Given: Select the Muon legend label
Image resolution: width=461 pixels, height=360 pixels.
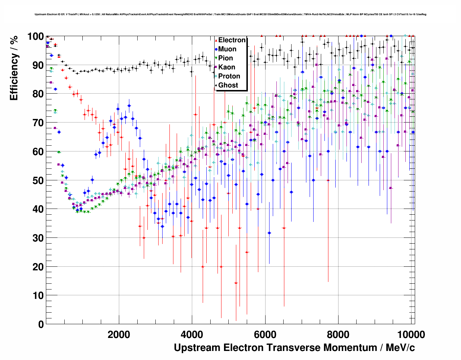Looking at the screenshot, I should [x=227, y=49].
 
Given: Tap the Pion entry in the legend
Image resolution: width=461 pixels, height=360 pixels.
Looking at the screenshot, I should [x=225, y=58].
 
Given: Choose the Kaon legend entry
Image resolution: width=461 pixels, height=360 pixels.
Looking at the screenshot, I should [x=227, y=67].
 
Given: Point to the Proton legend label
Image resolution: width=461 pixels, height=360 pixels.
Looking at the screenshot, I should [x=229, y=76].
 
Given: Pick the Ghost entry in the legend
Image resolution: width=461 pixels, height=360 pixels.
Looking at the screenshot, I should [x=228, y=85].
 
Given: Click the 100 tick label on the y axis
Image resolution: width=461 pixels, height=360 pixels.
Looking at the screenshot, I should [x=35, y=37].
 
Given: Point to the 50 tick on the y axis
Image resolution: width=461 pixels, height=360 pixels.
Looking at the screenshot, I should [x=38, y=180].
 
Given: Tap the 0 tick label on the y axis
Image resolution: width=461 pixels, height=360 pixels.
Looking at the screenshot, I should [x=41, y=324].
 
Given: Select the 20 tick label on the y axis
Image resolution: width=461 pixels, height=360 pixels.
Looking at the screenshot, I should [x=38, y=267].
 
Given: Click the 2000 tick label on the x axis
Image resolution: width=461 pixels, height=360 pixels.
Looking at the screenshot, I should [x=119, y=334].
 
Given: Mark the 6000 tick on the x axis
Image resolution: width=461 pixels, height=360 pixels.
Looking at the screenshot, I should [x=265, y=334].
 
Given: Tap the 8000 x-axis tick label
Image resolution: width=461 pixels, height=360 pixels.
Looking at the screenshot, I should [x=338, y=334].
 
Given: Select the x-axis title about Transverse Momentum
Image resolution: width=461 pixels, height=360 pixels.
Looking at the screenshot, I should [x=294, y=348].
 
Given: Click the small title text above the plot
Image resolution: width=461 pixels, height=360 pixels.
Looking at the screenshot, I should [x=231, y=14].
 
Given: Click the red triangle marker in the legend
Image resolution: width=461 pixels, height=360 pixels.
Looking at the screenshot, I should [x=216, y=40].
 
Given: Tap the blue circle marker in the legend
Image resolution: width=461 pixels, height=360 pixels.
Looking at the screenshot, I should [x=216, y=50].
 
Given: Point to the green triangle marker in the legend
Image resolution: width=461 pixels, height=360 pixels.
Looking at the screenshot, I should [x=216, y=59].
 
